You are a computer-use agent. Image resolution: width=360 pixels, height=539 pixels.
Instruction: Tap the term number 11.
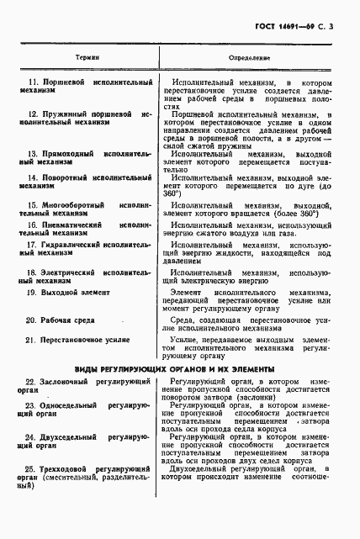tap(33, 83)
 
